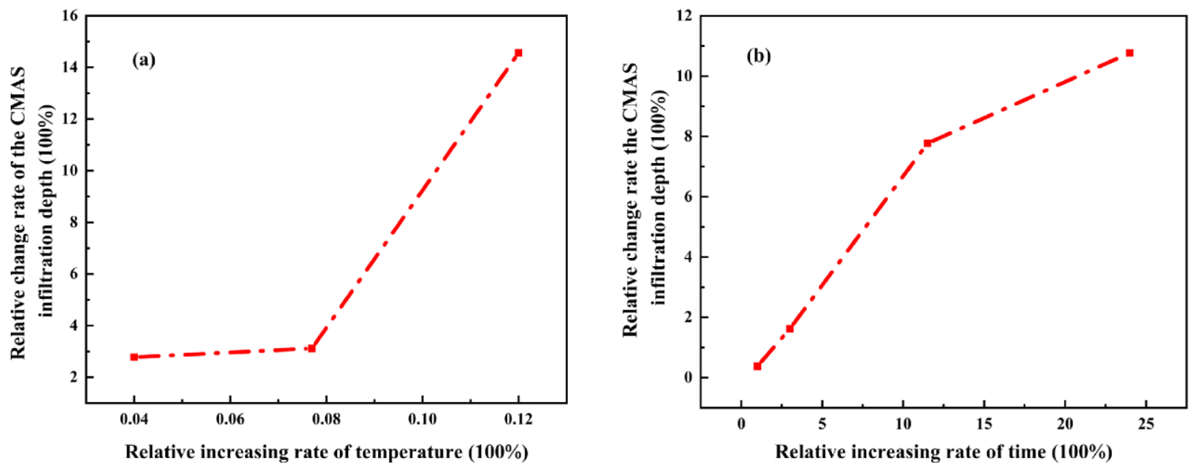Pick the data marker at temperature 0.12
519,53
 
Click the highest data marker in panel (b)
1130,53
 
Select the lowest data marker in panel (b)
758,366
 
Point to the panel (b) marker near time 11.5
927,143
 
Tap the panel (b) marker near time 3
789,329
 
